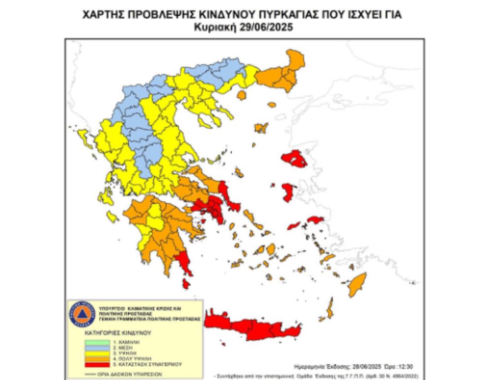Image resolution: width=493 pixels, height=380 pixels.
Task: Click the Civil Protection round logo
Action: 81,314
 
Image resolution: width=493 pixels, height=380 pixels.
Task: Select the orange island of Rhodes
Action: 356,285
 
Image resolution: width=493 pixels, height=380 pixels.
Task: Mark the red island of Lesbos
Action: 294,159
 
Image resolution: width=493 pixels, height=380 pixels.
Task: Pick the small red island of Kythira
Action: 186,284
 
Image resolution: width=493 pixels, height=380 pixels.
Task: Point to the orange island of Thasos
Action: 241,94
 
